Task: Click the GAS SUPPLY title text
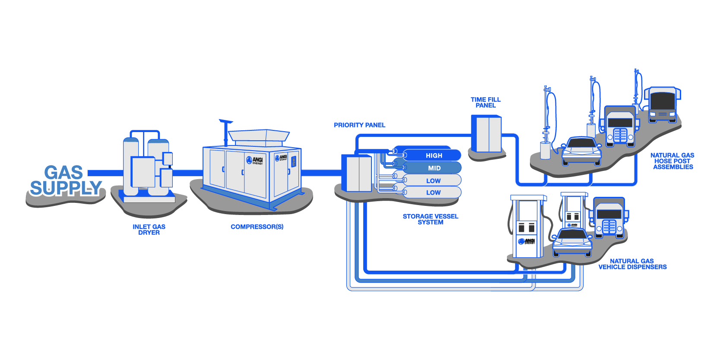pos(65,180)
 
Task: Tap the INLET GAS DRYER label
pos(149,230)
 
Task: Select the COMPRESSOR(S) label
pos(257,227)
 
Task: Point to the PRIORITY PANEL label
pos(359,125)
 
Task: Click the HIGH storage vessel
pos(432,155)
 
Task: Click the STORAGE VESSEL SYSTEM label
pos(430,219)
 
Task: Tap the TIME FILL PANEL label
pos(485,102)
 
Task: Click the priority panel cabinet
pos(357,173)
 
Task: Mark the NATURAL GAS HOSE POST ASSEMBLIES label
pos(672,161)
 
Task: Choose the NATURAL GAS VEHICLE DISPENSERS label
pos(632,264)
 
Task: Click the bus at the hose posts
pos(663,104)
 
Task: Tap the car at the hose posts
pos(581,151)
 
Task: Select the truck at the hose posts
pos(620,126)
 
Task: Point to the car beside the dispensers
pos(572,242)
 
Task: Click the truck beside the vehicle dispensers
pos(609,218)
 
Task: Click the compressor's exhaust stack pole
pos(225,133)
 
